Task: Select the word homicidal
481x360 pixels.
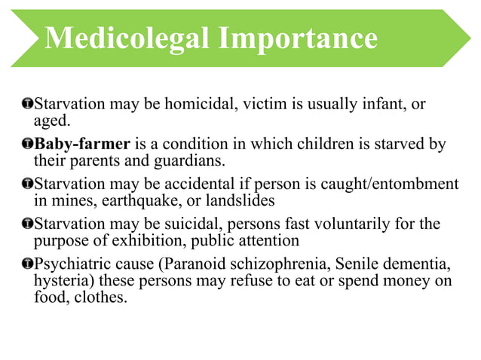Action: (x=203, y=104)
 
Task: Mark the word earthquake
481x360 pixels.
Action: (x=128, y=200)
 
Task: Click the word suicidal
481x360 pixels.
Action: (x=198, y=224)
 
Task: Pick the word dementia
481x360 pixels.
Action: (x=408, y=264)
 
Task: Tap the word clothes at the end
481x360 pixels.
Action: (x=103, y=297)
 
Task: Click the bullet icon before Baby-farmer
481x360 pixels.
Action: (x=27, y=144)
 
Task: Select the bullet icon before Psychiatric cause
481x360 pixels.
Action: (x=27, y=264)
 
